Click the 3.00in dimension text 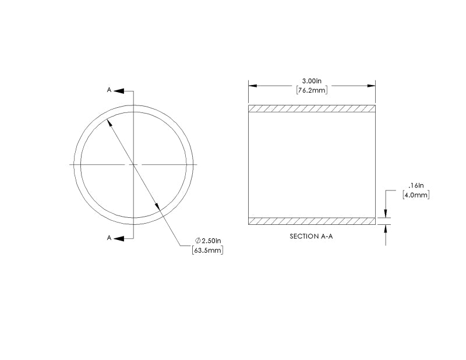coord(311,80)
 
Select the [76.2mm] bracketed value coord(311,90)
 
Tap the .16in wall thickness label coord(416,185)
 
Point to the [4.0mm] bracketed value coord(416,195)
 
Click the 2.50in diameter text coord(211,241)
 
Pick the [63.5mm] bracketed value coord(207,250)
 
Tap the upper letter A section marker coord(109,90)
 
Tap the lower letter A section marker coord(109,238)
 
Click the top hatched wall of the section coord(312,109)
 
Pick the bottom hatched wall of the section coord(312,221)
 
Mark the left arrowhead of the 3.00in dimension coord(253,85)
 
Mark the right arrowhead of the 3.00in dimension coord(370,85)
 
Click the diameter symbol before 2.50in coord(197,241)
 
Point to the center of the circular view coord(134,165)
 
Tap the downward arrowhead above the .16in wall coord(386,213)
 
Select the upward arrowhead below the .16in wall coord(386,229)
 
